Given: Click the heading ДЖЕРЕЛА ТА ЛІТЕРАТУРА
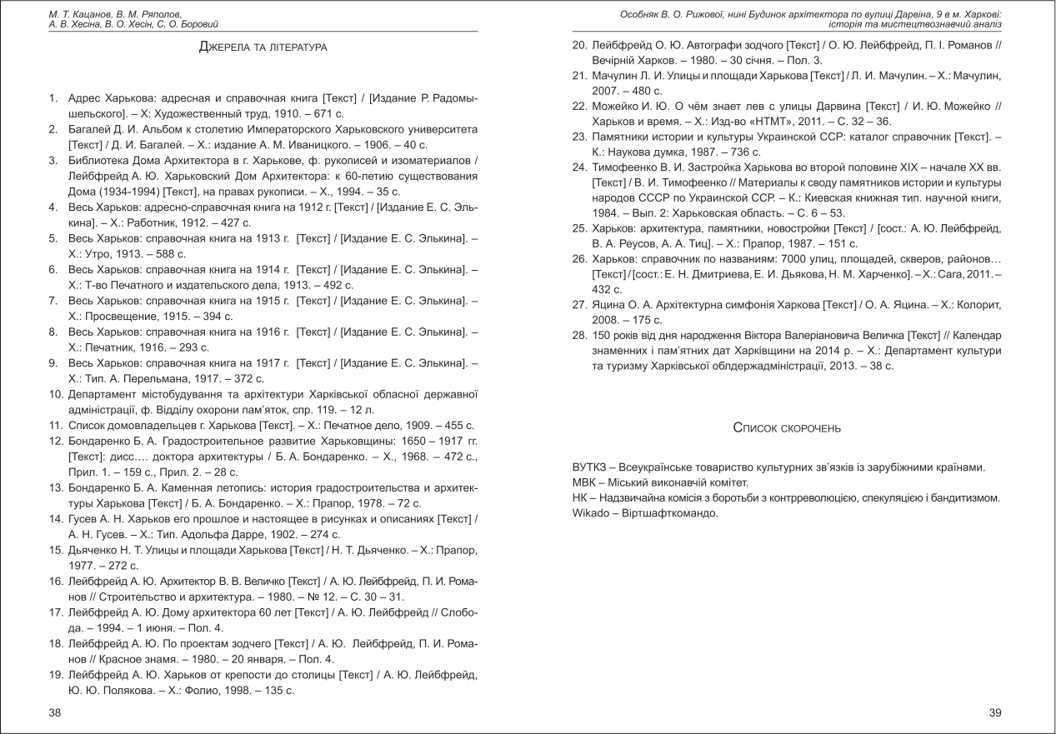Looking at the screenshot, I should [263, 47].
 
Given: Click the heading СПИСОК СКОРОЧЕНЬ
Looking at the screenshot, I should [786, 428].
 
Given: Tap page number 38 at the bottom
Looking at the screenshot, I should [54, 712].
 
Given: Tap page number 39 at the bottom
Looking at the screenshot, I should [994, 712].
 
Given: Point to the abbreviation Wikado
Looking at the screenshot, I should [591, 512].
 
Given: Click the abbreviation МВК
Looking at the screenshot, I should [583, 482].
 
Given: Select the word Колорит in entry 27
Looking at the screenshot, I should [980, 305].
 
